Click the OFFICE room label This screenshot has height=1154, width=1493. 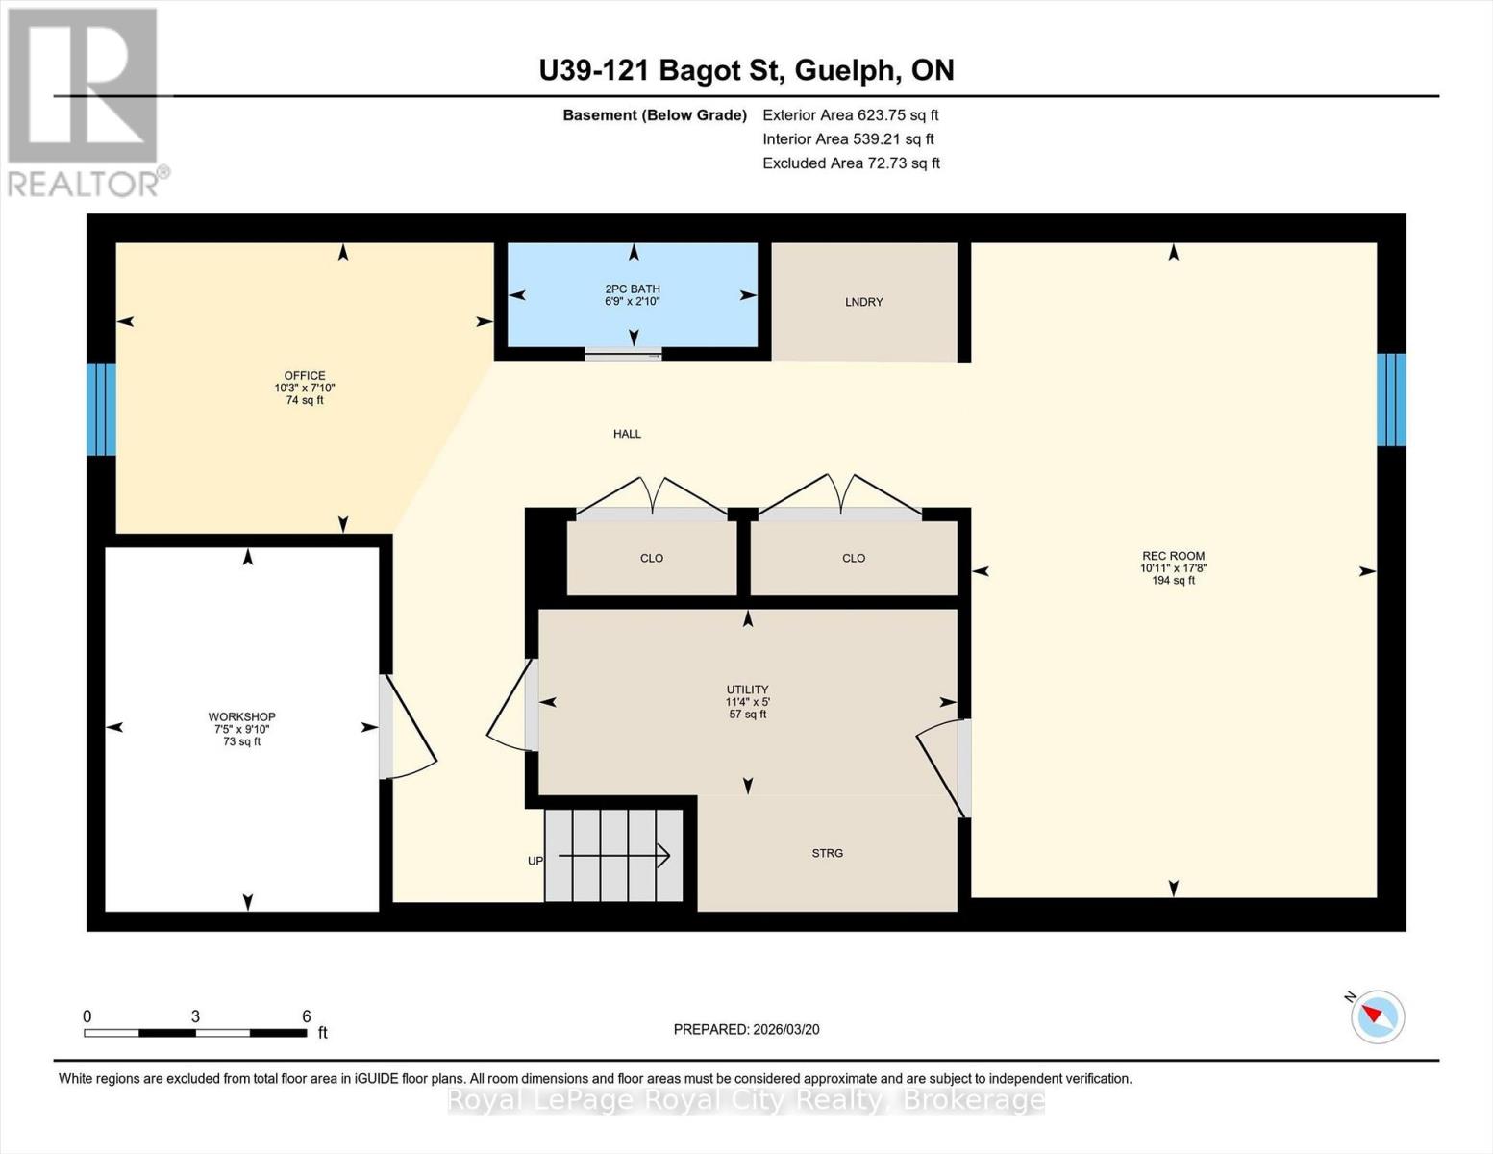[304, 376]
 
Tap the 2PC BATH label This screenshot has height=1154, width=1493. [632, 288]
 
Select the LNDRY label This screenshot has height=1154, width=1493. [863, 302]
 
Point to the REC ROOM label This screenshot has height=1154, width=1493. [1173, 556]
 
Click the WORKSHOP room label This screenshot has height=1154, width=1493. [241, 716]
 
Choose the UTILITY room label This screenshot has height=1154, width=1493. [747, 690]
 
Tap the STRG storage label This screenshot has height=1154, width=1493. [827, 853]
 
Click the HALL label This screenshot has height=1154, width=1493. [627, 434]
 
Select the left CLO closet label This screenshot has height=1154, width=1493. [651, 558]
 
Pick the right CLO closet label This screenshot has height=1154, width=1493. [853, 558]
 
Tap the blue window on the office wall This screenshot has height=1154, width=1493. [101, 409]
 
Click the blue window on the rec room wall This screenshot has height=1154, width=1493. [1390, 399]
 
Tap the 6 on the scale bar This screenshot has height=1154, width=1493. [306, 1016]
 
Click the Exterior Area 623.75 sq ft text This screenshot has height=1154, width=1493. [850, 114]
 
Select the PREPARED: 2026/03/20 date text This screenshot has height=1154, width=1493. [746, 1029]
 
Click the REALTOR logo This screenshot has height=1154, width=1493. [84, 101]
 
